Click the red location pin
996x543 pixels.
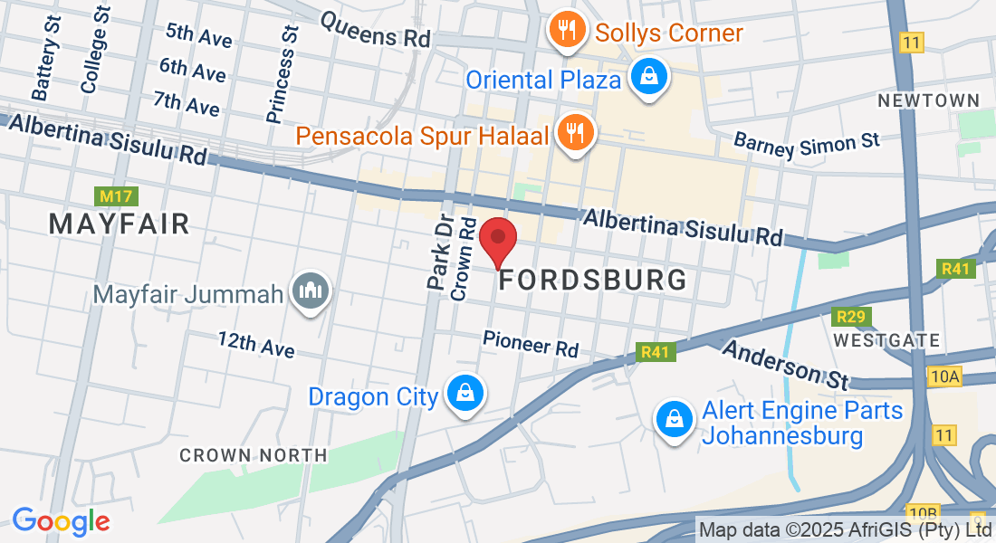point(497,239)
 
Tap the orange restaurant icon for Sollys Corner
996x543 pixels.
point(567,32)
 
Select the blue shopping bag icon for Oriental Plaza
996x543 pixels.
point(649,78)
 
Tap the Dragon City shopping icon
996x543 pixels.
point(464,394)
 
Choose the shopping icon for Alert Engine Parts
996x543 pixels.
point(675,419)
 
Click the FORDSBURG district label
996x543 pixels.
point(593,280)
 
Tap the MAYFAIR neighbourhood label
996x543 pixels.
point(120,224)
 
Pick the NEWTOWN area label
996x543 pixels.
point(928,100)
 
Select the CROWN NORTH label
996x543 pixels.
point(254,455)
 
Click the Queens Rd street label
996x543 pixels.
point(374,30)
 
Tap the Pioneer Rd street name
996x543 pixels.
point(531,343)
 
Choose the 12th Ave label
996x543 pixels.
point(256,344)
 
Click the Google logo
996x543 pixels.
point(61,521)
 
